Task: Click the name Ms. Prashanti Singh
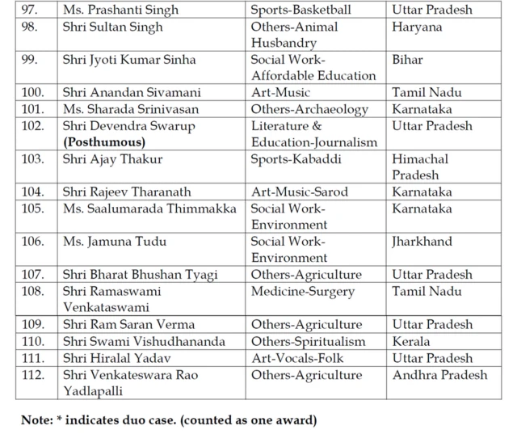click(120, 11)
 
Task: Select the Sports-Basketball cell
click(301, 11)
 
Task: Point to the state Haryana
click(417, 27)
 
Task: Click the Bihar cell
click(408, 60)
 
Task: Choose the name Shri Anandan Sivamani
click(132, 93)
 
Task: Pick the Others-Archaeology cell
click(309, 109)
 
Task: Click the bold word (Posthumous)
click(104, 142)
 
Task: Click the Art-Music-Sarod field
click(298, 192)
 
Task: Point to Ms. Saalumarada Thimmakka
click(149, 209)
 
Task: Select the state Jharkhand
click(422, 242)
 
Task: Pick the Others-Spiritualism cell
click(308, 341)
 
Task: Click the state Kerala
click(410, 341)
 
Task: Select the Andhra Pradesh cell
click(439, 374)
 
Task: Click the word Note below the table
click(37, 420)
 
